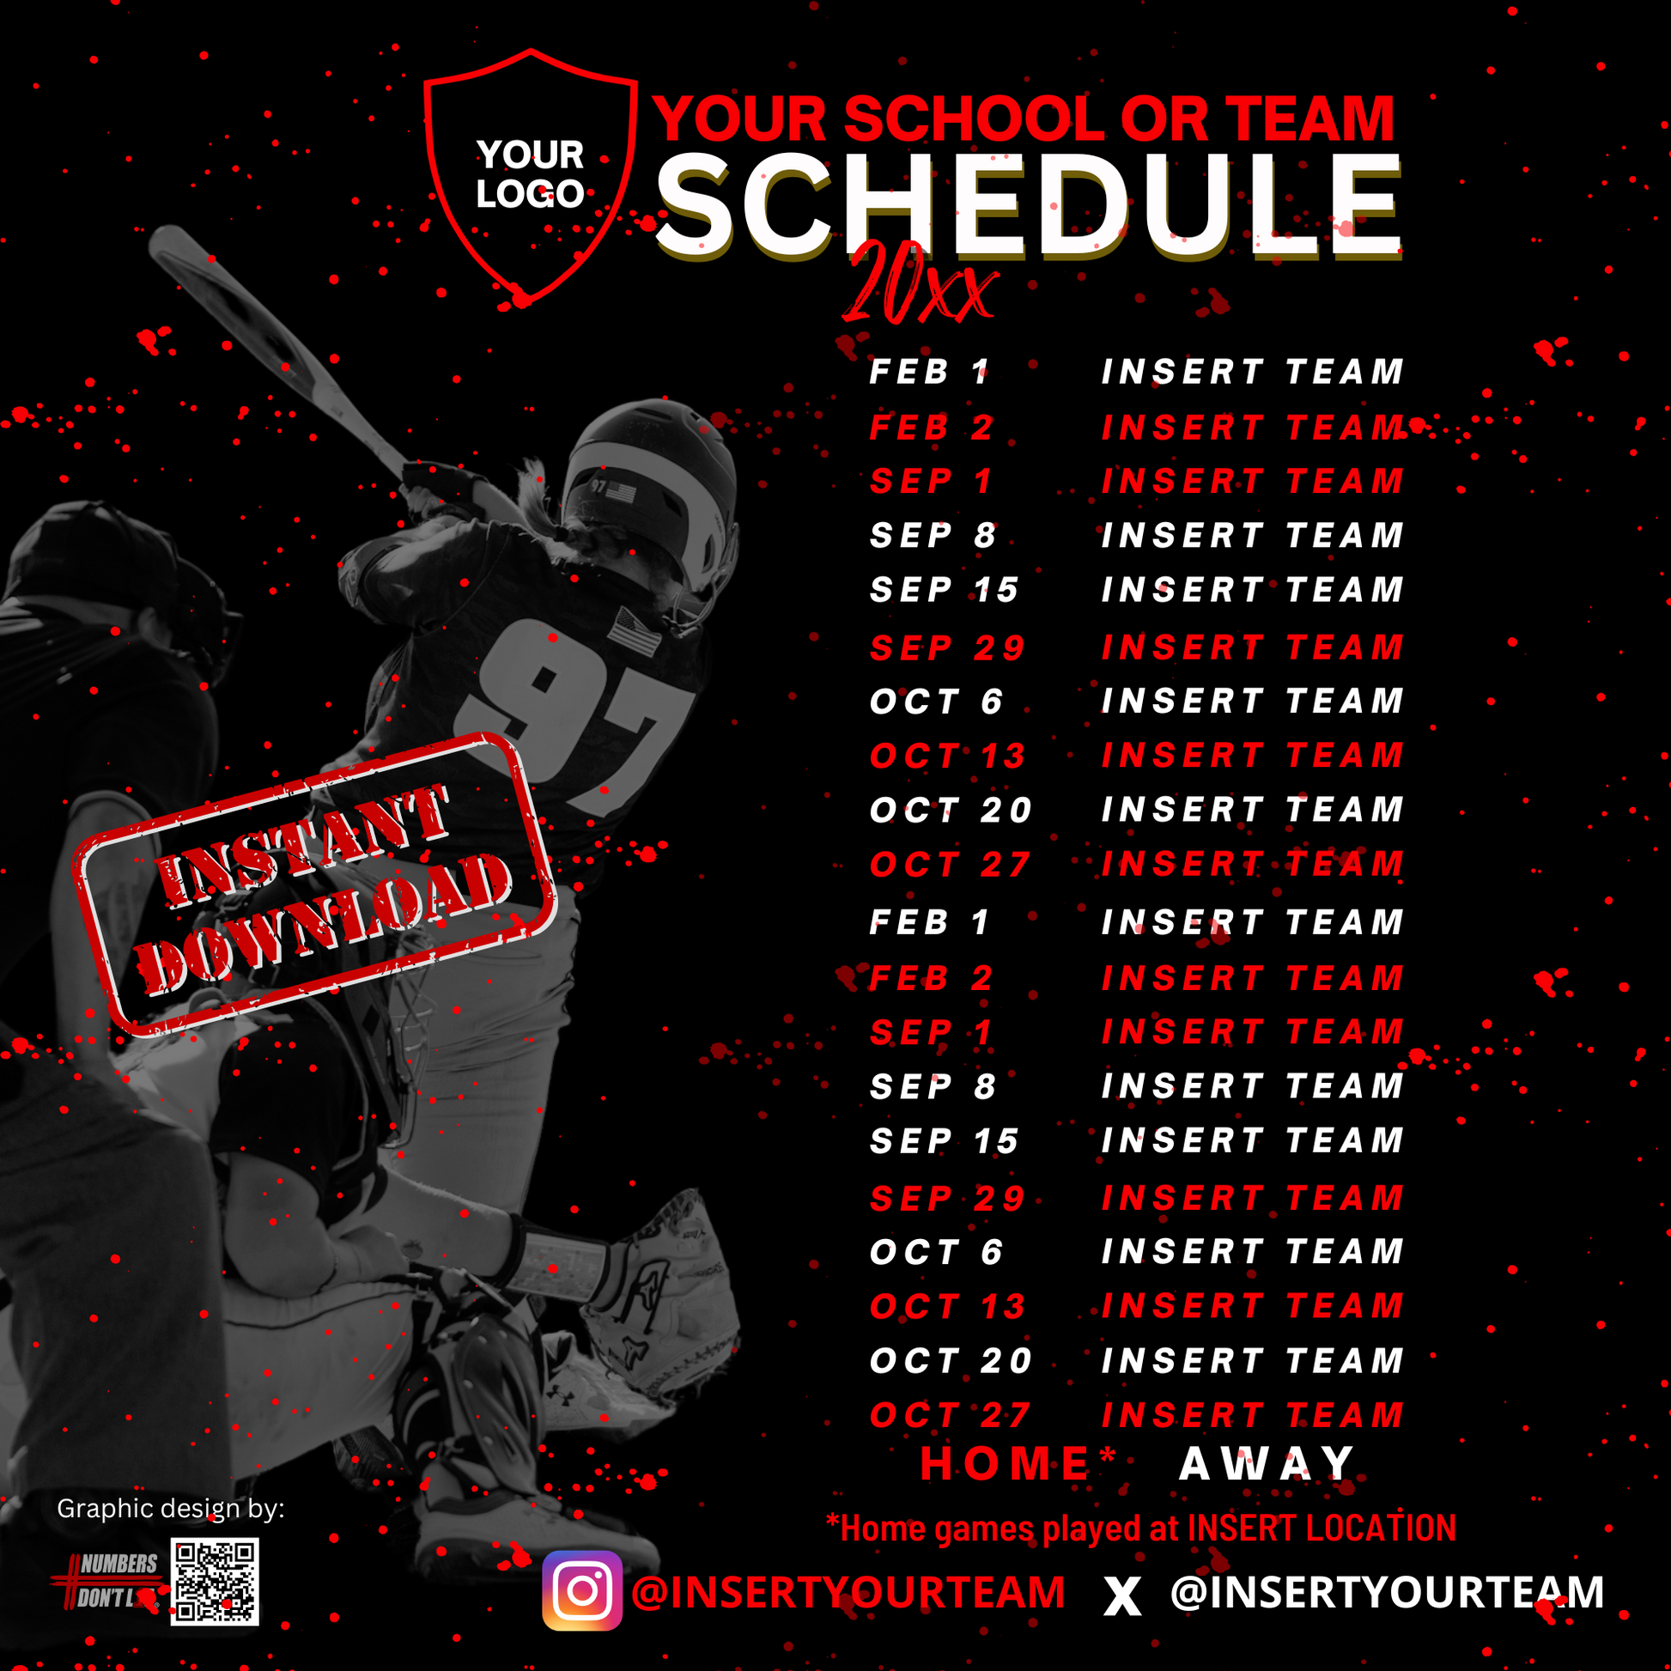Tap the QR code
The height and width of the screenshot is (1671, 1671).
click(x=215, y=1582)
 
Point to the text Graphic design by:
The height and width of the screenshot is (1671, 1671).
click(x=170, y=1510)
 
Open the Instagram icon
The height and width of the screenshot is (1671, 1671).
click(x=582, y=1590)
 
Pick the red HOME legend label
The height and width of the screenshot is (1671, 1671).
click(x=1005, y=1464)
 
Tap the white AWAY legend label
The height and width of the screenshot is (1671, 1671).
click(x=1267, y=1464)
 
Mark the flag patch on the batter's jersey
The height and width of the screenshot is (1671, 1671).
click(x=635, y=631)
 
